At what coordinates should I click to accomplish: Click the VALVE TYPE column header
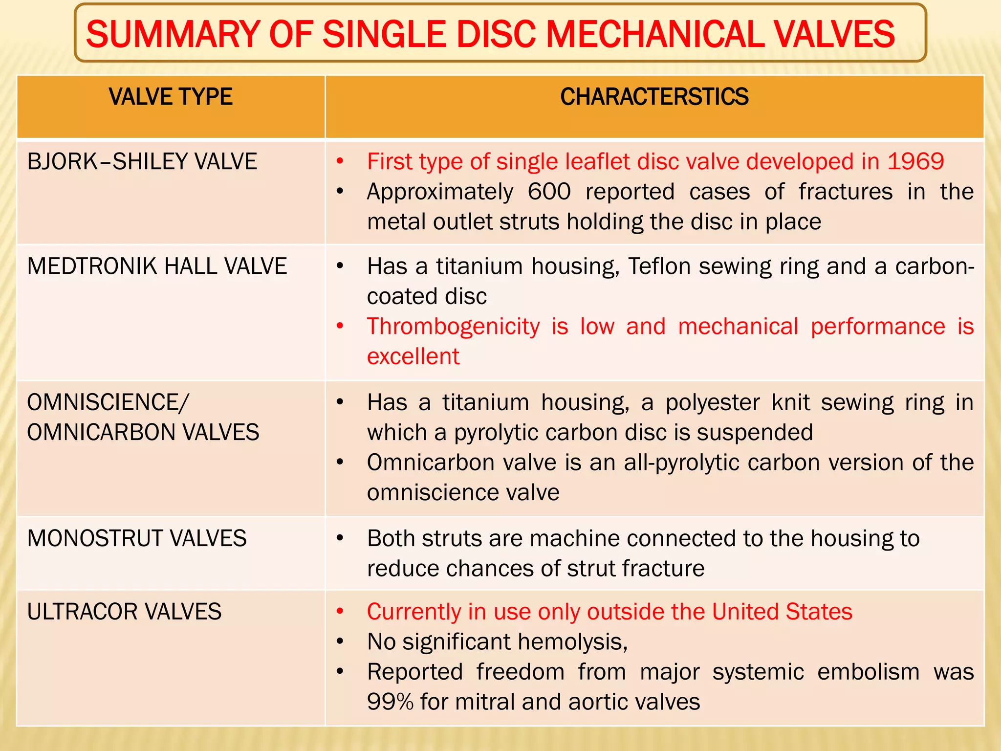point(171,97)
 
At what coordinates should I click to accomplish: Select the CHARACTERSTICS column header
point(654,97)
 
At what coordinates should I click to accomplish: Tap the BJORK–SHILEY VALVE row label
point(142,162)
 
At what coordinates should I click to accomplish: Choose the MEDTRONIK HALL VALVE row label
point(157,266)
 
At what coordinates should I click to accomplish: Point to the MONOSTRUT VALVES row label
point(137,539)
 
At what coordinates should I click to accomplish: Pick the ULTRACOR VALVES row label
point(124,612)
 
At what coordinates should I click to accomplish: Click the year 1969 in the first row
point(915,162)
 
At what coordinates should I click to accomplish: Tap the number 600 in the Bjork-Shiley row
point(549,192)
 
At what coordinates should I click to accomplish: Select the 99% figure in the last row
point(390,702)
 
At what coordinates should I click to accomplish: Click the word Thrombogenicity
point(453,327)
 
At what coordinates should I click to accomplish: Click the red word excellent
point(413,356)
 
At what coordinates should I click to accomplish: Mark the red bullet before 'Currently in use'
point(340,612)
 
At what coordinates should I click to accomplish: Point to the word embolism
point(869,672)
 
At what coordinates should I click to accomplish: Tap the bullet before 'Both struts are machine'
point(340,538)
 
